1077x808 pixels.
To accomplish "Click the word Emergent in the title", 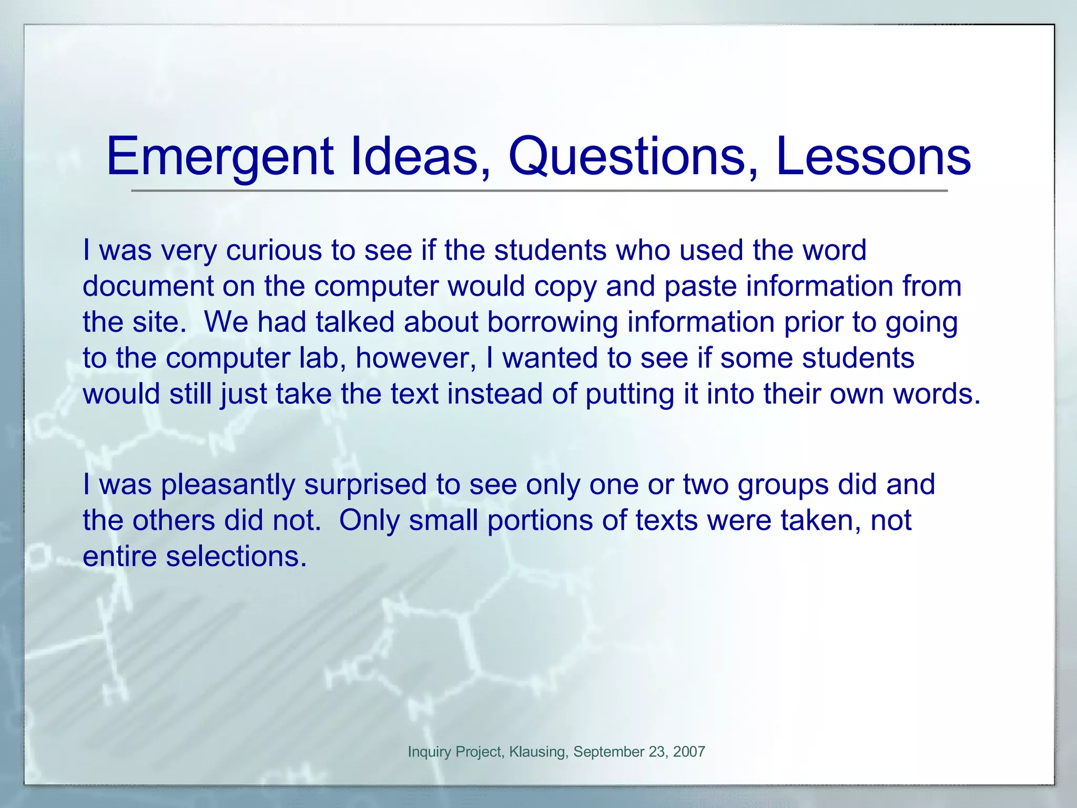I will click(219, 157).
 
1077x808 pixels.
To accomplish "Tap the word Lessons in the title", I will click(873, 157).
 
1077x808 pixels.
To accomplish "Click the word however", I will click(415, 358).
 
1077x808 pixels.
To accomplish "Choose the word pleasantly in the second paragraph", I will click(228, 484).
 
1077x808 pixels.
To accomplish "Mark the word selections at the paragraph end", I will click(236, 557).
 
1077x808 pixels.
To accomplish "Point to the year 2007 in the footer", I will click(689, 752).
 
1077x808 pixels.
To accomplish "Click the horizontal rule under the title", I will click(539, 190).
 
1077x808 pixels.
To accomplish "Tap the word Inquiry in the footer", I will click(429, 752).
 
